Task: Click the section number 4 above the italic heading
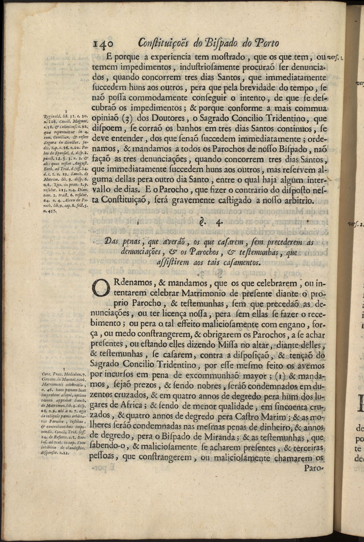(x=219, y=223)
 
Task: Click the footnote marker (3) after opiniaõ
(x=127, y=118)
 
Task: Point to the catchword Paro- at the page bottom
(x=314, y=468)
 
